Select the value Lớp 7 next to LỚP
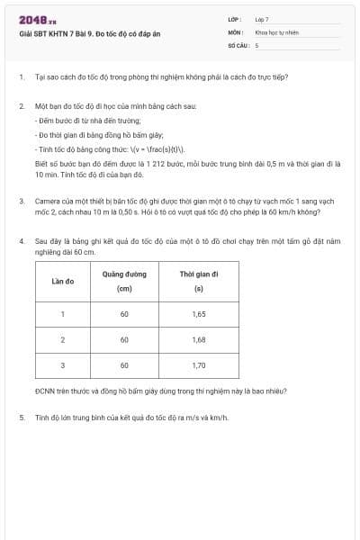click(x=262, y=18)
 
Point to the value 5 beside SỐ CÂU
click(x=256, y=44)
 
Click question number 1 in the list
click(x=21, y=77)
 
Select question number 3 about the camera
click(x=21, y=202)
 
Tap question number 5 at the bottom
click(x=21, y=418)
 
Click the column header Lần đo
click(x=63, y=281)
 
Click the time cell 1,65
click(x=199, y=314)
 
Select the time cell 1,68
click(x=199, y=340)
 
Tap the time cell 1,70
click(x=199, y=365)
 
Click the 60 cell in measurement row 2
click(x=124, y=340)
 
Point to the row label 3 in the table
click(x=63, y=365)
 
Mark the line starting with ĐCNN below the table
click(x=135, y=392)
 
